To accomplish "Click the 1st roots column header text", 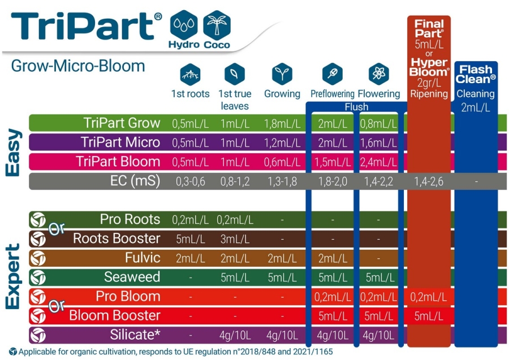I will point(190,94).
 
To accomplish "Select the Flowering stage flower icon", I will point(378,74).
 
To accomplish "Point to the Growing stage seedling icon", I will point(282,74).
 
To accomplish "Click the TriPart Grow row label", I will point(122,123).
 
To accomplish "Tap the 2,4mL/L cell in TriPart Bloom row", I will point(378,162).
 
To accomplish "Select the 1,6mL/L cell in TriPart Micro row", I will point(378,143).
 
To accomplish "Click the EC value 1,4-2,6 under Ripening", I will point(428,181).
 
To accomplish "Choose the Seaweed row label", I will point(132,277).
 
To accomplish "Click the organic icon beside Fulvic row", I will point(38,258).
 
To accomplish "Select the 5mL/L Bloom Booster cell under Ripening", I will point(428,316).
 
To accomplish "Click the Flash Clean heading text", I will point(476,75).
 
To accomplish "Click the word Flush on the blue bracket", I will point(356,107).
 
